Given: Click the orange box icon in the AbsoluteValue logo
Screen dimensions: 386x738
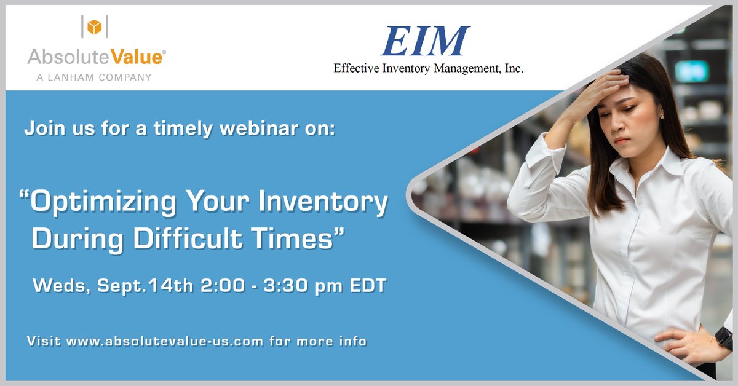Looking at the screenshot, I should click(94, 27).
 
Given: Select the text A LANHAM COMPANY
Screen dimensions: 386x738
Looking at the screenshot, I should click(89, 77).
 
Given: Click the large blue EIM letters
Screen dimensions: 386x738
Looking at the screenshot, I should click(424, 42).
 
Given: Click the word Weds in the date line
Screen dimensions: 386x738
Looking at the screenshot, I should click(58, 286).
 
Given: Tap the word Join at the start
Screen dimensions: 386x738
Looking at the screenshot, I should click(40, 130).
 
